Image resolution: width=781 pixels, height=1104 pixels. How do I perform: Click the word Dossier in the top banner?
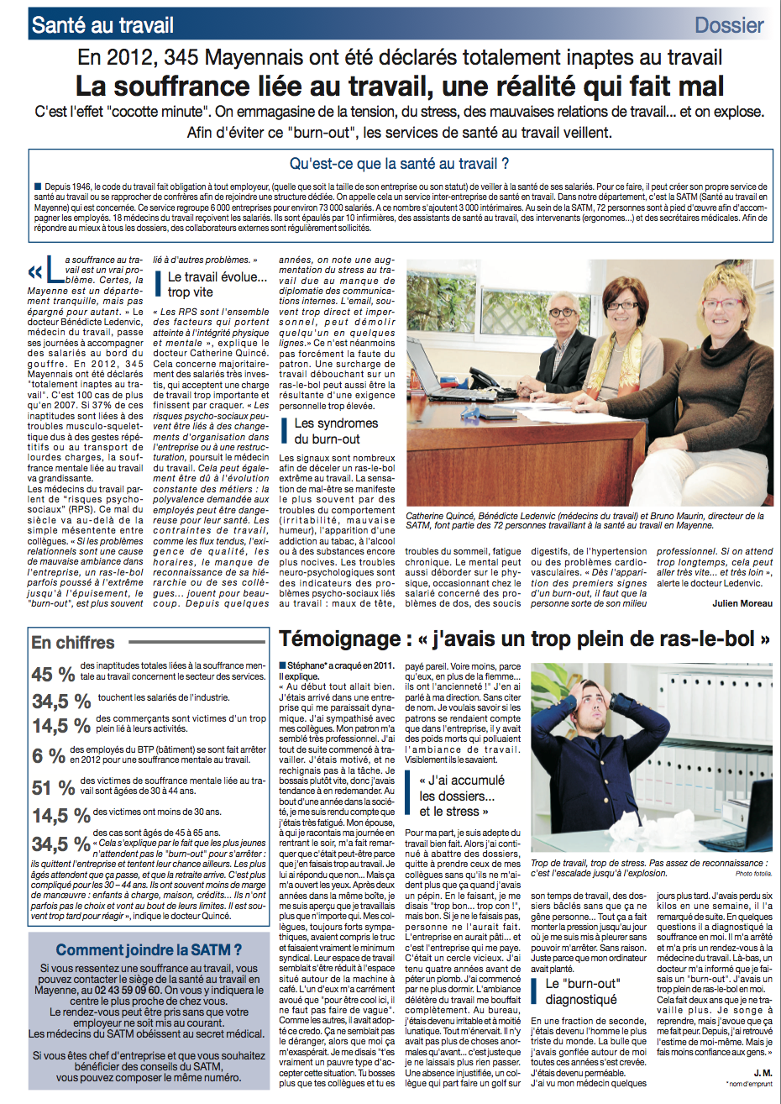coord(729,25)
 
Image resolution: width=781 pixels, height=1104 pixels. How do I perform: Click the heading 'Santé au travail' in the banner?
coord(102,25)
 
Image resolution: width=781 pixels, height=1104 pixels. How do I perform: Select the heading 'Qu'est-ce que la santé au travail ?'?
coord(399,164)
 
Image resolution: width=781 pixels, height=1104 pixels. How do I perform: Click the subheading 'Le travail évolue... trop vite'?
coord(217,284)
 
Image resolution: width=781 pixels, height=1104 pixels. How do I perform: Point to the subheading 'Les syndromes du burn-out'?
coord(335,431)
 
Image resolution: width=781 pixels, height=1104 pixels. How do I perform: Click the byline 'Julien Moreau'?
coord(742,603)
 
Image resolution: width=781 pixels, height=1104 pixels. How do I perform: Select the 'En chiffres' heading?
coord(73,643)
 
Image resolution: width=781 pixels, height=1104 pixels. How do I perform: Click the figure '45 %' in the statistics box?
coord(53,675)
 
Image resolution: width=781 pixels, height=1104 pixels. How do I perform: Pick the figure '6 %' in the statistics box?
coord(49,756)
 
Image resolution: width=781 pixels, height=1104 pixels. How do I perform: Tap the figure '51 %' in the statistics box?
coord(53,787)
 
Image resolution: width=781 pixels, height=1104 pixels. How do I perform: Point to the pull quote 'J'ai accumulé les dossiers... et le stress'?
coord(461,796)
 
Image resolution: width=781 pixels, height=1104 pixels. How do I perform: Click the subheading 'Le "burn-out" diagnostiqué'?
coord(582,991)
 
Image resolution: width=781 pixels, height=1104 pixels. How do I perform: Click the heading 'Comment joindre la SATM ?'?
coord(149,950)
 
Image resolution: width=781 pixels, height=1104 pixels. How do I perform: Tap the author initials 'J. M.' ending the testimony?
coord(763,1072)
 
